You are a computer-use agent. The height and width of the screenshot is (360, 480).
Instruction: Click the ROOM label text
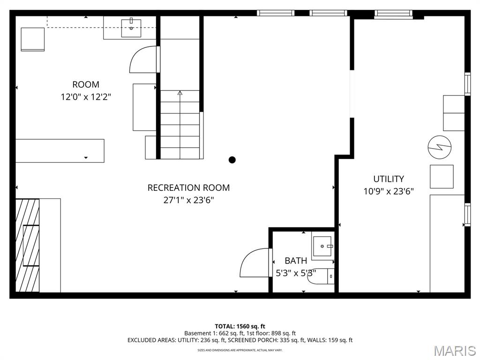pyautogui.click(x=86, y=85)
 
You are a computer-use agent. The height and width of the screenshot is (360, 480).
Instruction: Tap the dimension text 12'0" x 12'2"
pyautogui.click(x=86, y=97)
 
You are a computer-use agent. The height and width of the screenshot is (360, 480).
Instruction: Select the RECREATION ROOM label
pyautogui.click(x=188, y=188)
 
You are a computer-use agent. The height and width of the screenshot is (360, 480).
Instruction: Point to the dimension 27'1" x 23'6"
pyautogui.click(x=188, y=200)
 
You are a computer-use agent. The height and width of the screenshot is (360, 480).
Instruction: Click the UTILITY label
pyautogui.click(x=389, y=179)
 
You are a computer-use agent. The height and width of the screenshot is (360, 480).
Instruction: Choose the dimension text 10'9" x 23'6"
pyautogui.click(x=389, y=191)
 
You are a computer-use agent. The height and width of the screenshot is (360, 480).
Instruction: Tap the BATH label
pyautogui.click(x=296, y=261)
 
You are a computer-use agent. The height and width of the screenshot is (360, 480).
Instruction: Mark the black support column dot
pyautogui.click(x=232, y=160)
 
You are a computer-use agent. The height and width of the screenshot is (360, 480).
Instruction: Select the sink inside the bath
pyautogui.click(x=322, y=246)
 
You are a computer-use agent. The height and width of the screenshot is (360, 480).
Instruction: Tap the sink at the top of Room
pyautogui.click(x=131, y=28)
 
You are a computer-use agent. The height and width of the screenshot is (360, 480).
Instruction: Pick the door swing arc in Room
pyautogui.click(x=143, y=60)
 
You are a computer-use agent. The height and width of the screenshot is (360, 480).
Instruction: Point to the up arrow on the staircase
pyautogui.click(x=180, y=93)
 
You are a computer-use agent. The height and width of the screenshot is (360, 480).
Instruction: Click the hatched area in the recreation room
pyautogui.click(x=27, y=245)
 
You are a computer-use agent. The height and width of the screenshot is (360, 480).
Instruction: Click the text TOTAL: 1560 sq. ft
pyautogui.click(x=240, y=326)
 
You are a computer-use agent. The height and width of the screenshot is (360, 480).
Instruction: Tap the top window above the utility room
pyautogui.click(x=393, y=14)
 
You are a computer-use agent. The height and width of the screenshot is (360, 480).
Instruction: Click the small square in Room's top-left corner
pyautogui.click(x=32, y=39)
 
